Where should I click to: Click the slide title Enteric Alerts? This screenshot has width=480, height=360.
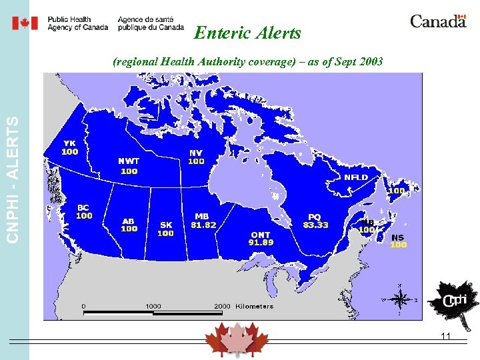tap(247, 33)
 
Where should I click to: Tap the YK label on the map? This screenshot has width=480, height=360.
tap(69, 143)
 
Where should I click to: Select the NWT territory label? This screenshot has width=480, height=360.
tap(129, 161)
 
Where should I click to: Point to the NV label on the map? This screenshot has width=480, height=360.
tap(196, 153)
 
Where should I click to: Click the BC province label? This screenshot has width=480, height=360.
tap(84, 207)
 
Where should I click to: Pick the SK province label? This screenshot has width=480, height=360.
tap(165, 225)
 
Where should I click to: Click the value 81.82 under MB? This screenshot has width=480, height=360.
tap(203, 225)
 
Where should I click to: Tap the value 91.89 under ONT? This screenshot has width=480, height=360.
tap(261, 243)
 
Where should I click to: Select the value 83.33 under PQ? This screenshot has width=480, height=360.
tap(315, 225)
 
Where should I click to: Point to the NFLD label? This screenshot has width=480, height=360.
tap(355, 177)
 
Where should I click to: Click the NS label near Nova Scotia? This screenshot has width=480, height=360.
tap(397, 237)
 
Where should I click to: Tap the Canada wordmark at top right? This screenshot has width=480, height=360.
tap(438, 21)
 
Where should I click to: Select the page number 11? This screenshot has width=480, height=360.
tap(446, 337)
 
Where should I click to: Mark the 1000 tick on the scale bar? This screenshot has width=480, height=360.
tap(153, 306)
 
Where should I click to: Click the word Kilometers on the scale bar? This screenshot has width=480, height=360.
tap(254, 306)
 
